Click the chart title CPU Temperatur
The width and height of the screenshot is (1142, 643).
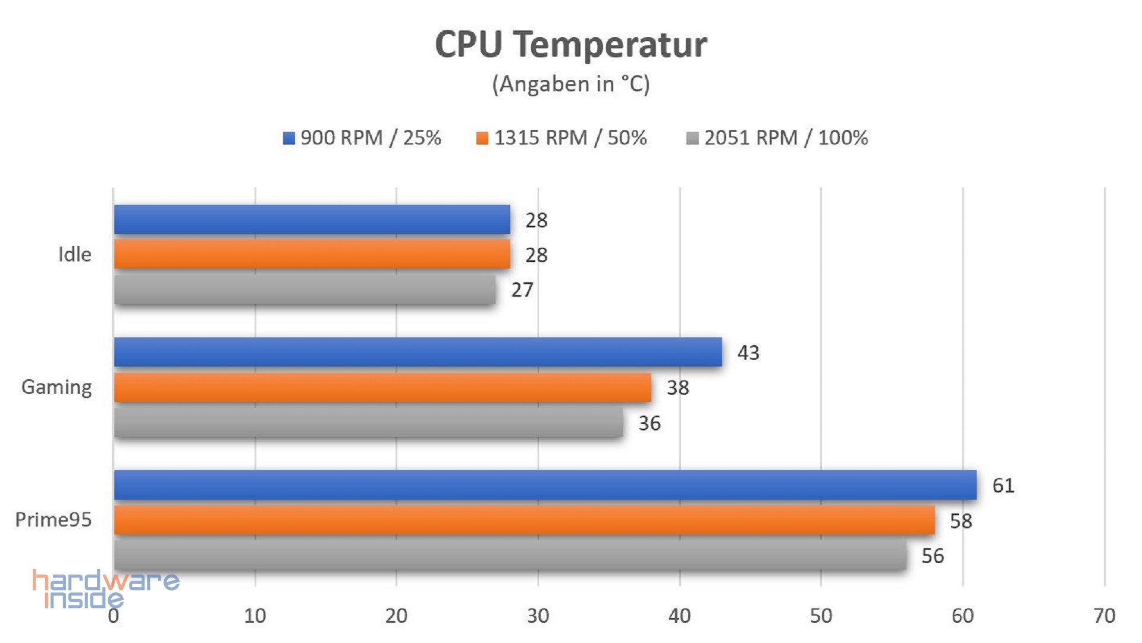pyautogui.click(x=571, y=45)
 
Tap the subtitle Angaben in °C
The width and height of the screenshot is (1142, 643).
pyautogui.click(x=571, y=84)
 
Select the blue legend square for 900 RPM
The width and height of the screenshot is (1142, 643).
pyautogui.click(x=288, y=138)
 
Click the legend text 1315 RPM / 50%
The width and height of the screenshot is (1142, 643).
pyautogui.click(x=570, y=138)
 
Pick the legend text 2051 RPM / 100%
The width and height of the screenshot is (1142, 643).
pyautogui.click(x=786, y=138)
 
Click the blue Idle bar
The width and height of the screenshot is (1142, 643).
pyautogui.click(x=312, y=220)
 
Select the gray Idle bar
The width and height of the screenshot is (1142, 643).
pyautogui.click(x=305, y=289)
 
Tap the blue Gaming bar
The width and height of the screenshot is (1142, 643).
pyautogui.click(x=418, y=352)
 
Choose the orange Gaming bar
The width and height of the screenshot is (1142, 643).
pyautogui.click(x=382, y=388)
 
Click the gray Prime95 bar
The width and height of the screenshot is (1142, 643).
pyautogui.click(x=510, y=555)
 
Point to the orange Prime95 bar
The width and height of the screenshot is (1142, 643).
pyautogui.click(x=524, y=520)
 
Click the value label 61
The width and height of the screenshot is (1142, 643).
pyautogui.click(x=1003, y=486)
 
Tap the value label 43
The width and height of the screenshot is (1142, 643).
pyautogui.click(x=748, y=353)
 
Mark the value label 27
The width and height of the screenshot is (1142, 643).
pyautogui.click(x=522, y=290)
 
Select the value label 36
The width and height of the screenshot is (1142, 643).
pyautogui.click(x=649, y=423)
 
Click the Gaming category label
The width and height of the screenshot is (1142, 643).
pyautogui.click(x=57, y=388)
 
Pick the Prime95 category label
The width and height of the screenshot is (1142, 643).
pyautogui.click(x=54, y=520)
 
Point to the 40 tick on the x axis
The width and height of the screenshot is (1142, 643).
pyautogui.click(x=679, y=616)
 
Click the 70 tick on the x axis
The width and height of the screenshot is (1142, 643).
pyautogui.click(x=1104, y=616)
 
